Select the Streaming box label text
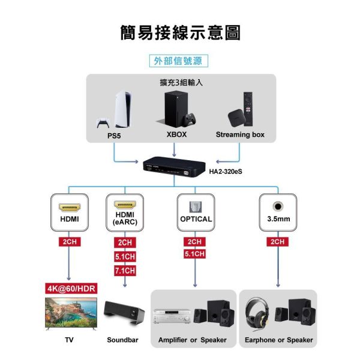pyautogui.click(x=240, y=134)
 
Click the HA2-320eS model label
pyautogui.click(x=229, y=171)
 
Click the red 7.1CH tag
pyautogui.click(x=125, y=271)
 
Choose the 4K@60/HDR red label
pyautogui.click(x=71, y=289)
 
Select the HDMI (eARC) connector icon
pyautogui.click(x=125, y=204)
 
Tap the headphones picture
pyautogui.click(x=259, y=313)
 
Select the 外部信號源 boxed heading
pyautogui.click(x=178, y=61)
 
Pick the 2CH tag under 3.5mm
pyautogui.click(x=278, y=242)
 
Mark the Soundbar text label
pyautogui.click(x=123, y=340)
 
